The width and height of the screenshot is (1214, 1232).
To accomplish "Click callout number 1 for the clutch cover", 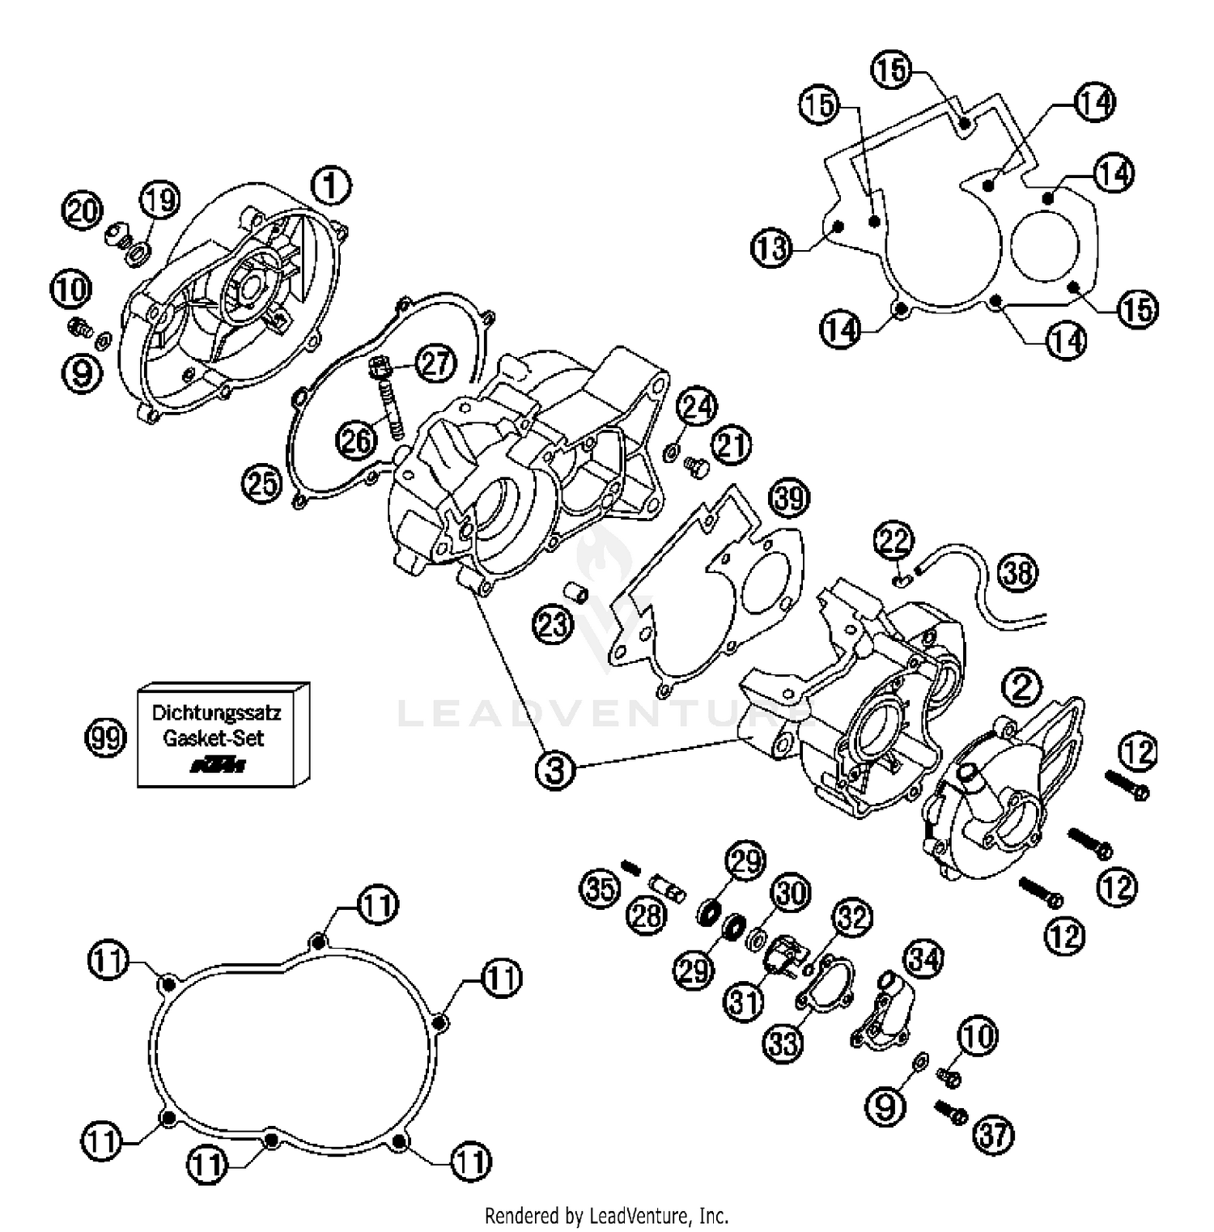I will coord(331,185).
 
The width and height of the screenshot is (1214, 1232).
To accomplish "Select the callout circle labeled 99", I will coord(105,738).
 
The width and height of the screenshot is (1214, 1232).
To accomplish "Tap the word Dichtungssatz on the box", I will coord(216,715).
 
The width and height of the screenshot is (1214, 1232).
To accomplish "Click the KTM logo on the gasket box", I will coord(217,765).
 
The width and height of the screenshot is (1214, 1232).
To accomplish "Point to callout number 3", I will coord(555,770).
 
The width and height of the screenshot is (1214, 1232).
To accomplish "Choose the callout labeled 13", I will coord(771,248).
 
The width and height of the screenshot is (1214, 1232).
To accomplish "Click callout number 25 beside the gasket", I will coord(261,484).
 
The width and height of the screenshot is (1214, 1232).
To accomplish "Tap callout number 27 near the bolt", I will coord(435,363).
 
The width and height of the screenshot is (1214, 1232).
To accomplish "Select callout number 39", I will coord(788,497).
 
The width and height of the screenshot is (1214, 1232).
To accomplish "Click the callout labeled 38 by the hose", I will coord(1017,572).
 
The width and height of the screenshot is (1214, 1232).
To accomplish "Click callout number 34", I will coord(923,959).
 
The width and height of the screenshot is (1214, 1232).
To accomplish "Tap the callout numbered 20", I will coord(82,212).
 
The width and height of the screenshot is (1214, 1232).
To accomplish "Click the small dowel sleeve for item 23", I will coord(575,593).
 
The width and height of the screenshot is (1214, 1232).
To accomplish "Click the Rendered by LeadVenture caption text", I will coord(606,1215).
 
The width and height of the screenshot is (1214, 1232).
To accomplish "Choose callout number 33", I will coord(783,1043).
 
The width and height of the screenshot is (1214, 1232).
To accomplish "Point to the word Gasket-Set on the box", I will coord(214,738).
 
